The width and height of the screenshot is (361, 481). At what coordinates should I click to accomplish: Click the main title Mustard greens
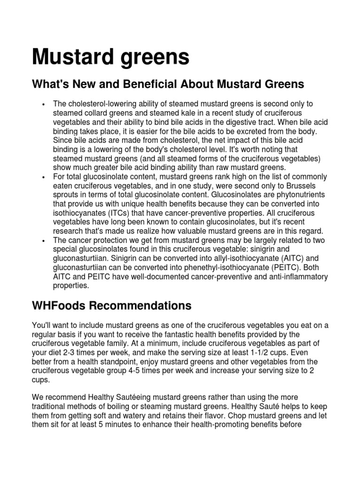[x=110, y=57]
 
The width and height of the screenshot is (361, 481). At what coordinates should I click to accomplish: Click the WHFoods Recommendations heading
[x=111, y=306]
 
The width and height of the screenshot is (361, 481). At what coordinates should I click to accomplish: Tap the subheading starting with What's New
[x=168, y=84]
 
